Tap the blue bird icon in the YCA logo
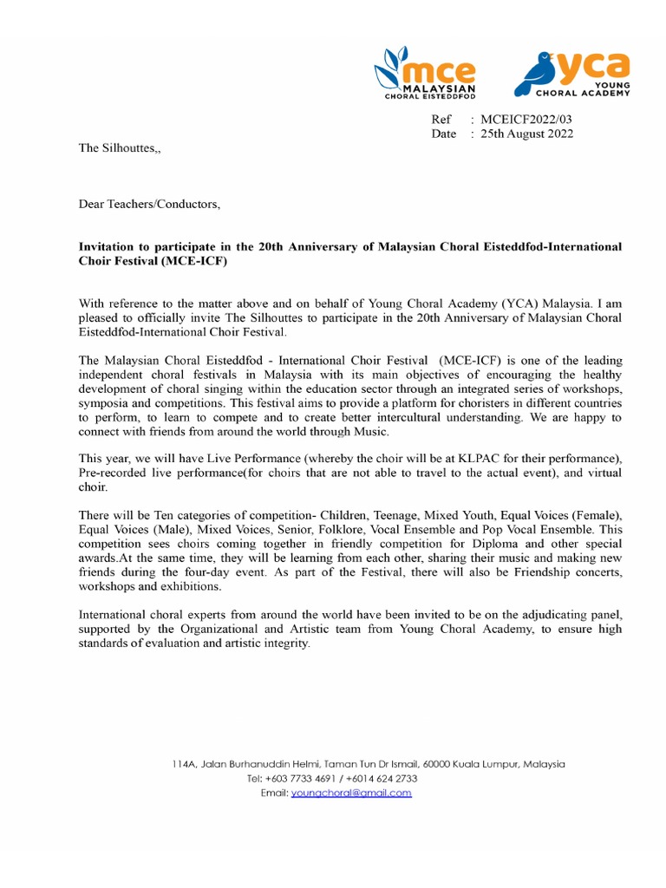click(x=534, y=75)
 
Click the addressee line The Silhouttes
click(x=120, y=148)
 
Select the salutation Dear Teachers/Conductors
click(x=149, y=205)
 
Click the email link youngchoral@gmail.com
click(x=351, y=793)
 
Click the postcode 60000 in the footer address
click(x=436, y=764)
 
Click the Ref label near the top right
click(x=441, y=120)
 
